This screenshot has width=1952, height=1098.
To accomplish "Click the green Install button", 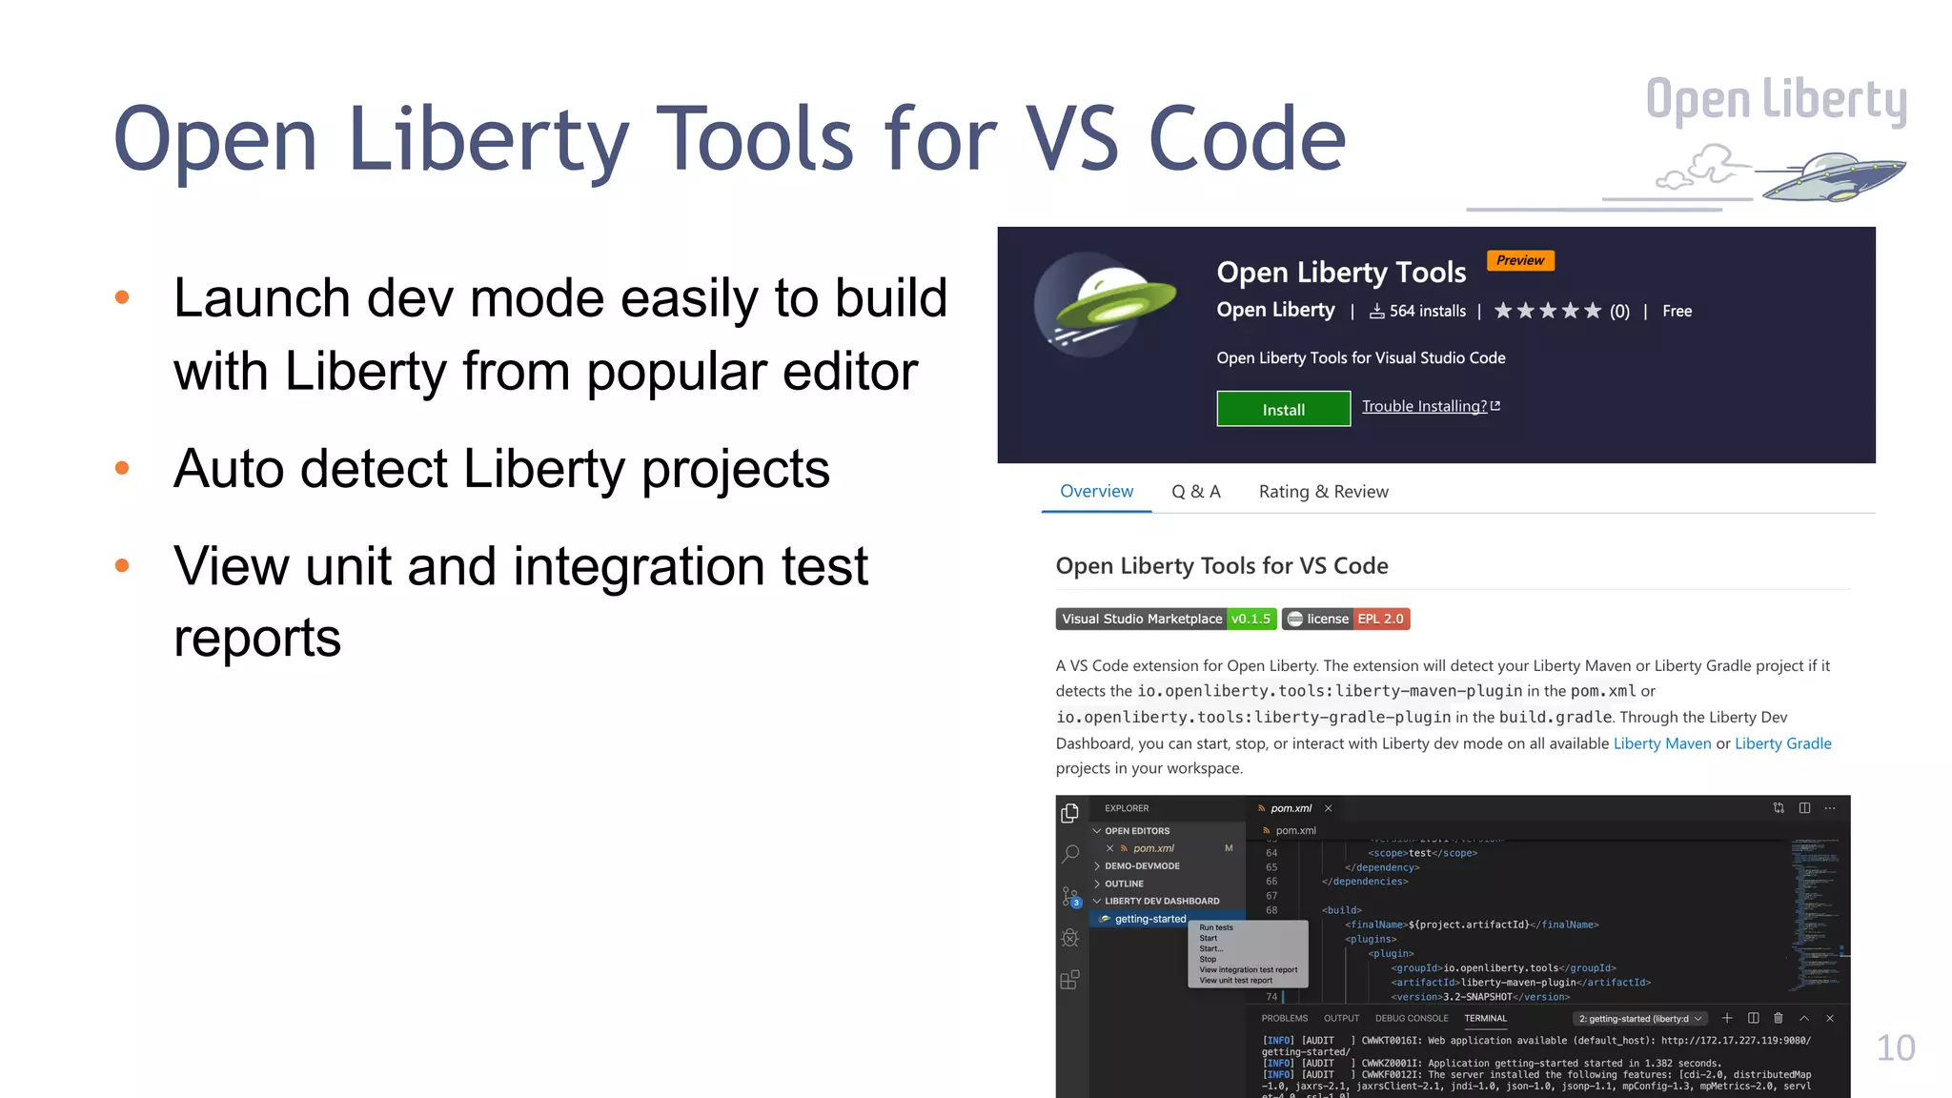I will pos(1283,409).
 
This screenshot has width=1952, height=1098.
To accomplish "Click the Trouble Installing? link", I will pos(1424,406).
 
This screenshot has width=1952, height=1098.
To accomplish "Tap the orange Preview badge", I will pos(1519,260).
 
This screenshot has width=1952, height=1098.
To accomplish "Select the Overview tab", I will pos(1096,492).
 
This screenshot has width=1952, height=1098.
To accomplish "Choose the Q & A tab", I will pos(1195,492).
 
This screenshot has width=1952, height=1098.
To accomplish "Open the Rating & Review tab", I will pos(1323,492).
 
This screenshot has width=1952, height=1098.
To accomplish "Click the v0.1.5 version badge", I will pos(1250,619).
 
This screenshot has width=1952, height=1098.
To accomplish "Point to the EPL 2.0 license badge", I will pos(1380,619).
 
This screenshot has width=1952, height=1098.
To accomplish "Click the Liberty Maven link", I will pos(1661,743).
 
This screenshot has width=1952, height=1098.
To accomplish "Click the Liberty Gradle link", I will pos(1782,743).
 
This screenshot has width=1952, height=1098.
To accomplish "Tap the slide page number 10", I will pos(1895,1048).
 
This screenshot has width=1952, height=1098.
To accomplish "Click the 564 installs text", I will pos(1427,311).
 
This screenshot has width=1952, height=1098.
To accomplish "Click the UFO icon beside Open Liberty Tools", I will pos(1106,305).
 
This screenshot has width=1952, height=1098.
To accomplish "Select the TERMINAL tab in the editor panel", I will pos(1485,1018).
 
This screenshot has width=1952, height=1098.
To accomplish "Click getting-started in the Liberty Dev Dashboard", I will pos(1150,919).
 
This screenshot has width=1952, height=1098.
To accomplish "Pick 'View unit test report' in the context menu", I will pos(1235,980).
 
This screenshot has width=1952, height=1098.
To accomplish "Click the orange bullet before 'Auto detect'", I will pos(122,468).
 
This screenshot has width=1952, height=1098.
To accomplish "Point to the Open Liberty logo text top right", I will pos(1776,100).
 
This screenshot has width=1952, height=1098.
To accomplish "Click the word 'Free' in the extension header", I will pos(1677,311).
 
